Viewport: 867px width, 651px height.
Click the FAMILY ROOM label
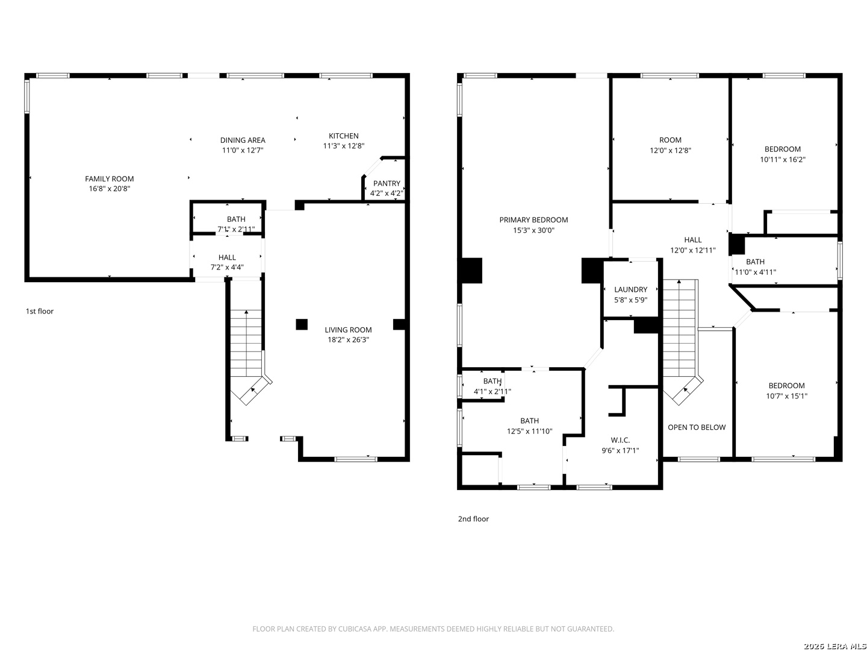(x=109, y=178)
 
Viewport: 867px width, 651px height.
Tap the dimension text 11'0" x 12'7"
(x=243, y=150)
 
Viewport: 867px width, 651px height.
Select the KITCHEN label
(x=343, y=136)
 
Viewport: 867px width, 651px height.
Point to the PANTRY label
(x=387, y=183)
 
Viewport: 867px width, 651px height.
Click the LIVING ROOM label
(x=347, y=330)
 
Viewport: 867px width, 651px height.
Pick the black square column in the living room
(x=302, y=324)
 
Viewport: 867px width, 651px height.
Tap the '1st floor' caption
(x=40, y=311)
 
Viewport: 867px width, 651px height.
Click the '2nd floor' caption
(x=473, y=518)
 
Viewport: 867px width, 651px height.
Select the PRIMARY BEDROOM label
(x=533, y=220)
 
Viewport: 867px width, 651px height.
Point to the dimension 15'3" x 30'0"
(x=533, y=230)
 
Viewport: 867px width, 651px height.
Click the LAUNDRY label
(x=630, y=289)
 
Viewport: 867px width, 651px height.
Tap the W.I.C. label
(x=620, y=440)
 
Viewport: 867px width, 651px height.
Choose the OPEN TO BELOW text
(x=697, y=427)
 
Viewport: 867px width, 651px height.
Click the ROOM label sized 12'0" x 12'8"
(x=670, y=140)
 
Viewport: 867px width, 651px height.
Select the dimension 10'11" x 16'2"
(x=783, y=160)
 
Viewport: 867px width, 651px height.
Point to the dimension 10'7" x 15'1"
(x=786, y=396)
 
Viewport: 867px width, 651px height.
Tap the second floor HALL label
(x=693, y=240)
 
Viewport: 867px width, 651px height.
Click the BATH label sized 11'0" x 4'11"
(x=755, y=262)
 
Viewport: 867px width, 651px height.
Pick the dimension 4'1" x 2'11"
(x=492, y=392)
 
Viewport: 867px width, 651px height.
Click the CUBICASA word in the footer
(x=353, y=629)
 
